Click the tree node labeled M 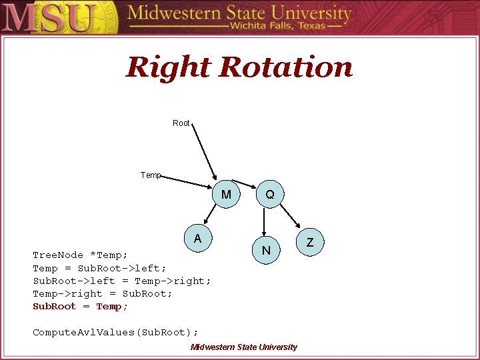226,195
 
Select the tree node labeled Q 269,195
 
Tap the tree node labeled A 198,239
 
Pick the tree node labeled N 266,251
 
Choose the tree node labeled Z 309,243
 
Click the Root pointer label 181,123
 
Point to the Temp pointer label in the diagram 151,175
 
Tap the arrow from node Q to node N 265,223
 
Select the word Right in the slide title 169,67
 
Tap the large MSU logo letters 49,17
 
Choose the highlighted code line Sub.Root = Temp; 80,307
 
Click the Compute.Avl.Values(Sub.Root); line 115,332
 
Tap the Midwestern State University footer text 243,347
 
